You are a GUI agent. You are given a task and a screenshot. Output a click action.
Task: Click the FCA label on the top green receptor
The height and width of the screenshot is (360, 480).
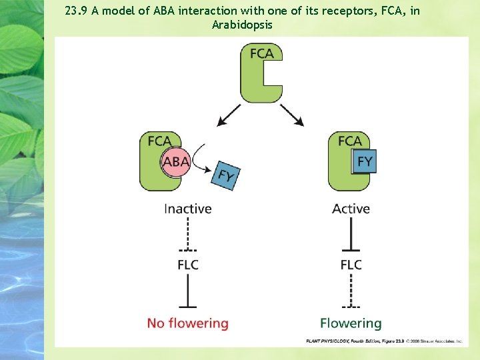pos(261,53)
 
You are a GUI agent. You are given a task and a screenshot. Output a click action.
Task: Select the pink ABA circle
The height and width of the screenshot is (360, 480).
pos(175,162)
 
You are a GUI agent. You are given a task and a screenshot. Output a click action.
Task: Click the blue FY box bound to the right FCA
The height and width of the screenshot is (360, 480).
pos(365,161)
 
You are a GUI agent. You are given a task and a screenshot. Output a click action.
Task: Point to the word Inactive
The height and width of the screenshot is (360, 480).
pos(187,209)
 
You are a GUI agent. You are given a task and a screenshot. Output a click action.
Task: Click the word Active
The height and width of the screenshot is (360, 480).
pos(351,209)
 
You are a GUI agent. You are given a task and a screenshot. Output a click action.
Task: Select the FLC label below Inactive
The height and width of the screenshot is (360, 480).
pos(187,265)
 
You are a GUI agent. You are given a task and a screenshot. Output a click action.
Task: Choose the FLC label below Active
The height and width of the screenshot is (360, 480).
pos(351,265)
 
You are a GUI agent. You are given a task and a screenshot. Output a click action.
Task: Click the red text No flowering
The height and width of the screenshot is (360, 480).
pos(187,323)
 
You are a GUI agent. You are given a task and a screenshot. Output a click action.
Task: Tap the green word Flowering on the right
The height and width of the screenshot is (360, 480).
pos(351,323)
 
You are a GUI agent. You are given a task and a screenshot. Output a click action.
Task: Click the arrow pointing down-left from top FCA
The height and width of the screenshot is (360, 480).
pos(229,115)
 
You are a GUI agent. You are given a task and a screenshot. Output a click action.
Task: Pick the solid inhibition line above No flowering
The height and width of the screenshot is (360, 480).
pos(187,291)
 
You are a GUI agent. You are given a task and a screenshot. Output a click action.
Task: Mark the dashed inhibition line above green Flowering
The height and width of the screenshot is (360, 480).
pos(351,291)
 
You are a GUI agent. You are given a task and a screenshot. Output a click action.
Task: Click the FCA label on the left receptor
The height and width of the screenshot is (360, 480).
pos(159,141)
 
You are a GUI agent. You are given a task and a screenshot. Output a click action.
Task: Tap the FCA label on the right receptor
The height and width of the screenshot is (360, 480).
pos(349,141)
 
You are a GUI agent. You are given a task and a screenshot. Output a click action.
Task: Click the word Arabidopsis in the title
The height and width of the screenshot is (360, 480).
pos(242,25)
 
